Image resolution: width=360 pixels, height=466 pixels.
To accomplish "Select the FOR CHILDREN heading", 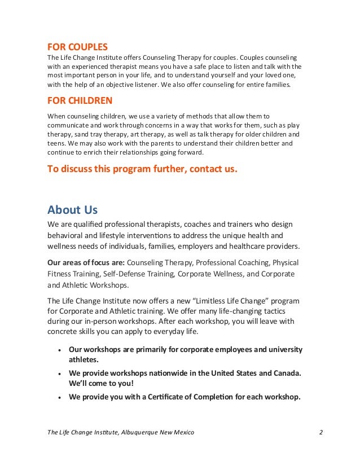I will (x=80, y=101).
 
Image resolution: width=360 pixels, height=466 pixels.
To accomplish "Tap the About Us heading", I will (x=72, y=210).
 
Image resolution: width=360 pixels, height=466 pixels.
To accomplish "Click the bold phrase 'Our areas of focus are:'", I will (x=86, y=263).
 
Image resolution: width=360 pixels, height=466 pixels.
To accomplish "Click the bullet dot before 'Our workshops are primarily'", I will (x=59, y=350).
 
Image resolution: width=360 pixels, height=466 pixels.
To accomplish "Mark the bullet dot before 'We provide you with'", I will (x=59, y=397).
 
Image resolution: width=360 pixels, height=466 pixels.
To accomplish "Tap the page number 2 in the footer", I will (x=321, y=432).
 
